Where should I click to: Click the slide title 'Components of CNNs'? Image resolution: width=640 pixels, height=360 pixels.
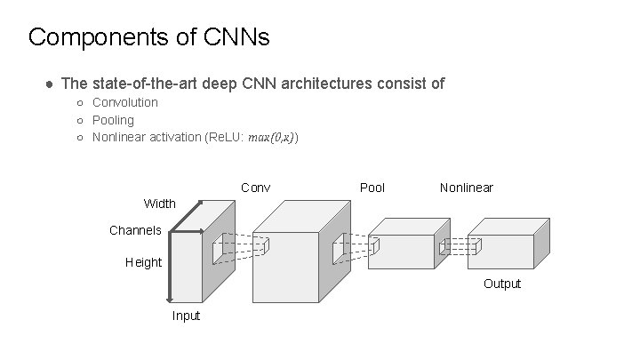click(149, 37)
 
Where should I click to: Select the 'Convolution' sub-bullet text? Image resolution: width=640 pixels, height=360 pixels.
click(125, 102)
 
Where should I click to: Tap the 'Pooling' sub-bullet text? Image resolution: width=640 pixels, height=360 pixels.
click(113, 120)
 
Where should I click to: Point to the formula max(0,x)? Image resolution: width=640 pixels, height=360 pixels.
click(271, 138)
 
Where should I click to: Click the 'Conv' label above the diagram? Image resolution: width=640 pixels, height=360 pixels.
click(255, 188)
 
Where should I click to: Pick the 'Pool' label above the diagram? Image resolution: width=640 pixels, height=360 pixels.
click(372, 188)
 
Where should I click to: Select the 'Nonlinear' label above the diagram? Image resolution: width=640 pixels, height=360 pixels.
click(467, 188)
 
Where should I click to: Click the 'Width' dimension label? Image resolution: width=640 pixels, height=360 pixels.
click(160, 204)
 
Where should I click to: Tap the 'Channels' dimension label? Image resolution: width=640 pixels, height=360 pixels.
click(135, 230)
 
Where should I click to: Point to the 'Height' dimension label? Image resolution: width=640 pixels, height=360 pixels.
click(144, 262)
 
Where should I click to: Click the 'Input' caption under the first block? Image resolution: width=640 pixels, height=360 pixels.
click(186, 316)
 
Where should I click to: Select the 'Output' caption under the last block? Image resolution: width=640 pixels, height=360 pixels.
click(502, 284)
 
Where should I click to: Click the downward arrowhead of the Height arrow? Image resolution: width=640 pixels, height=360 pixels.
click(170, 300)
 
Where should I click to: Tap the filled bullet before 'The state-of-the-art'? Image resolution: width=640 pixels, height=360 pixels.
click(50, 84)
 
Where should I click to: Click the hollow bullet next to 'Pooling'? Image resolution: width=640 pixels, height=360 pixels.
click(80, 121)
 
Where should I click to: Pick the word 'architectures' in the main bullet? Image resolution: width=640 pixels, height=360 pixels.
click(326, 84)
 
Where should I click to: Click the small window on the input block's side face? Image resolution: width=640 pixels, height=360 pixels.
click(218, 249)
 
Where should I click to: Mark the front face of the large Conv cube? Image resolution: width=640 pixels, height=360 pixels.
click(285, 268)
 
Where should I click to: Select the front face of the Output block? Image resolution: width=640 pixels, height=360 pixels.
click(500, 252)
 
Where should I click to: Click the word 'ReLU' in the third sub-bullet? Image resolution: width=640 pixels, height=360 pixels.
click(225, 138)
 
